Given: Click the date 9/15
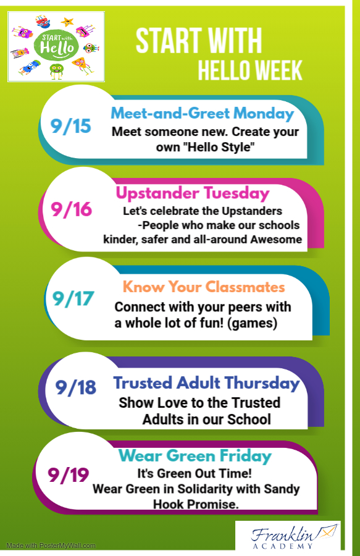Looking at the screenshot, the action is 71,126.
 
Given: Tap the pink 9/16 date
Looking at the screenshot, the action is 71,209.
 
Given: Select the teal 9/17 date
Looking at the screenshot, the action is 73,298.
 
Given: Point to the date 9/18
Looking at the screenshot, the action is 76,387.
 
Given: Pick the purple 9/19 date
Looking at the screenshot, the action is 69,475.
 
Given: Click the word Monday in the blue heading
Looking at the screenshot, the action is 264,114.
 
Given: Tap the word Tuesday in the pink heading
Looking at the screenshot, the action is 237,193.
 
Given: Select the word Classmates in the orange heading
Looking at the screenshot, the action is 245,287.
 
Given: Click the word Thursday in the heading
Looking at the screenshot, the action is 262,383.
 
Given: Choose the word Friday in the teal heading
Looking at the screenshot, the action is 245,456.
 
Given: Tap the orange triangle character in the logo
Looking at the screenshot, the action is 81,65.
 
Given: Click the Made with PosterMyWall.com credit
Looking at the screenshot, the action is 51,545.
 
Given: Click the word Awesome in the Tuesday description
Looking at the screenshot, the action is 276,239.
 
